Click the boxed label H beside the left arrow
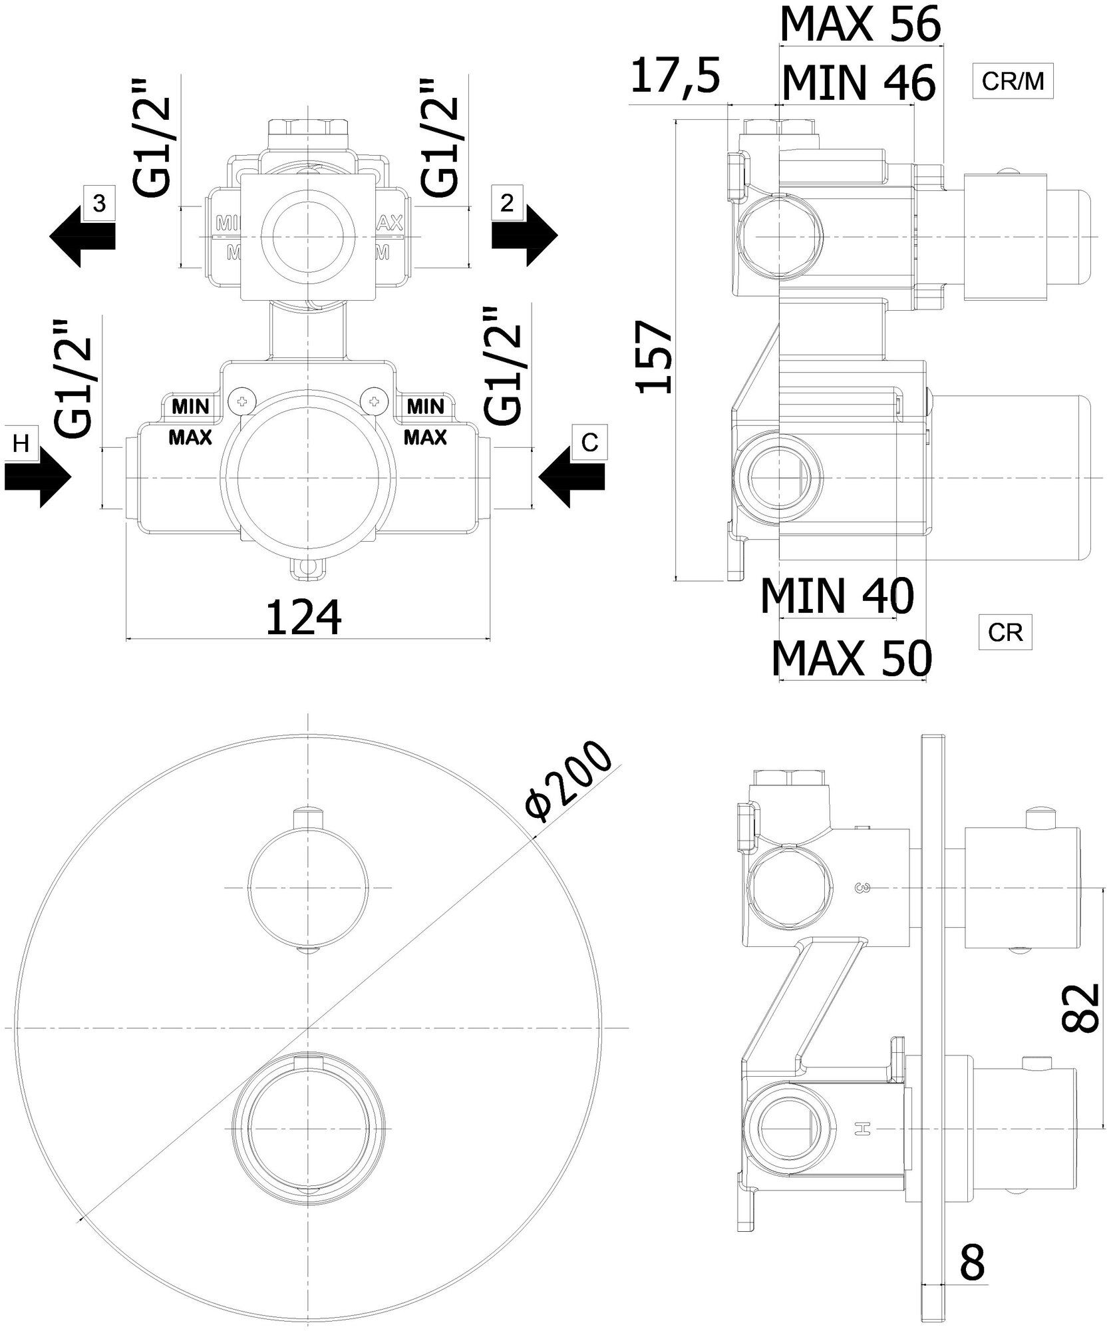click(21, 443)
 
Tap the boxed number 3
click(98, 204)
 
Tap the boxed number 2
click(507, 203)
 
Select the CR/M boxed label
click(1013, 81)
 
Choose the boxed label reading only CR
click(1005, 632)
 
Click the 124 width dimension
click(303, 618)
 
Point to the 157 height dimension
click(656, 357)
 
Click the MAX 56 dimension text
click(860, 25)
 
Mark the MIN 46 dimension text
click(858, 83)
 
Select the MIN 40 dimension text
click(837, 596)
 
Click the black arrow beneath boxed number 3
click(82, 236)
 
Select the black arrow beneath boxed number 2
click(524, 236)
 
